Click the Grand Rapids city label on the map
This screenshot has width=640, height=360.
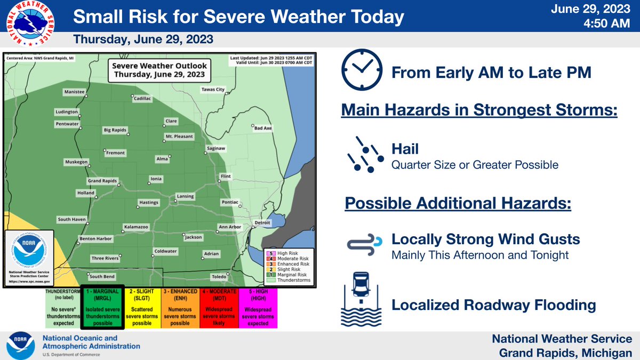pyautogui.click(x=102, y=181)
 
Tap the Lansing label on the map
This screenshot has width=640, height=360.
pyautogui.click(x=185, y=196)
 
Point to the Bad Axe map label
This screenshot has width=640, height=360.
pyautogui.click(x=262, y=128)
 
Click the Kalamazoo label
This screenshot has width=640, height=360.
pyautogui.click(x=135, y=227)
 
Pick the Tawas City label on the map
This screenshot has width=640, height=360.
pyautogui.click(x=213, y=90)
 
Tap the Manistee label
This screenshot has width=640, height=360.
pyautogui.click(x=74, y=92)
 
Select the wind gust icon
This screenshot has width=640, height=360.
pyautogui.click(x=362, y=243)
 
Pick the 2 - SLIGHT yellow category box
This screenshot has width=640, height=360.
pyautogui.click(x=145, y=307)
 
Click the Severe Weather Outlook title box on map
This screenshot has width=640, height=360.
pyautogui.click(x=158, y=69)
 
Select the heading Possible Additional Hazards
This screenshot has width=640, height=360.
pyautogui.click(x=458, y=203)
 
